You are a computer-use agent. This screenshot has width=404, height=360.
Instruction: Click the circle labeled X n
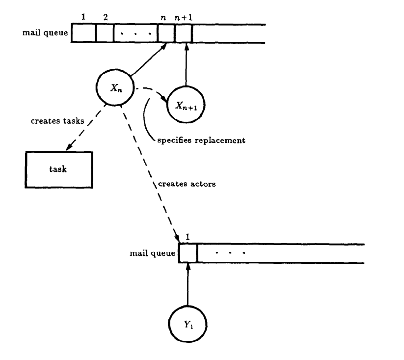[x=114, y=89]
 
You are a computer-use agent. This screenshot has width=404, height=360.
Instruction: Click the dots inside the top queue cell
[x=135, y=34]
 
